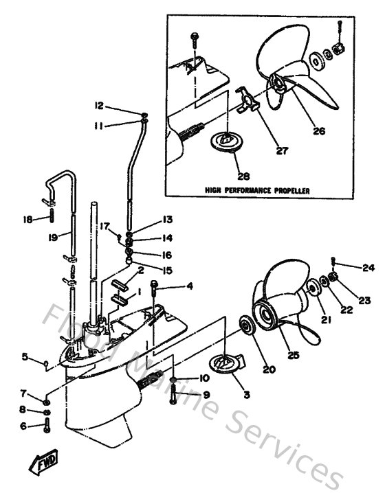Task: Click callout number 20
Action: pyautogui.click(x=267, y=369)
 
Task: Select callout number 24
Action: pyautogui.click(x=368, y=267)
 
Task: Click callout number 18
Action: pyautogui.click(x=27, y=219)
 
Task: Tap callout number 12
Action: pyautogui.click(x=99, y=106)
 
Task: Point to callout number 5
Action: pyautogui.click(x=24, y=356)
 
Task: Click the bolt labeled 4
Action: pyautogui.click(x=154, y=287)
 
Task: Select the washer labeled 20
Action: pyautogui.click(x=246, y=325)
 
